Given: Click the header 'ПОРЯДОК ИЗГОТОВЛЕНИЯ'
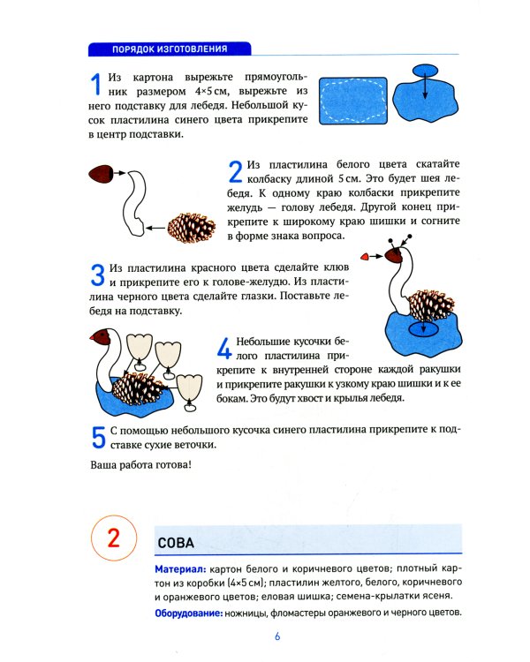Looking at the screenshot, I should tap(171, 49).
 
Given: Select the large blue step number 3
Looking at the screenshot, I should tap(98, 275).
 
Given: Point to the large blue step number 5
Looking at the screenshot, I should tap(99, 437).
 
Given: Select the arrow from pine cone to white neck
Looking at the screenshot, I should tap(156, 228).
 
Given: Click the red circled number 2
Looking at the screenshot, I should tap(112, 539).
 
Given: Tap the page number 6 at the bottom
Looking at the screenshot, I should tap(276, 637).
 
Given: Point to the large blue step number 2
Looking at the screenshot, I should tap(235, 171).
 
